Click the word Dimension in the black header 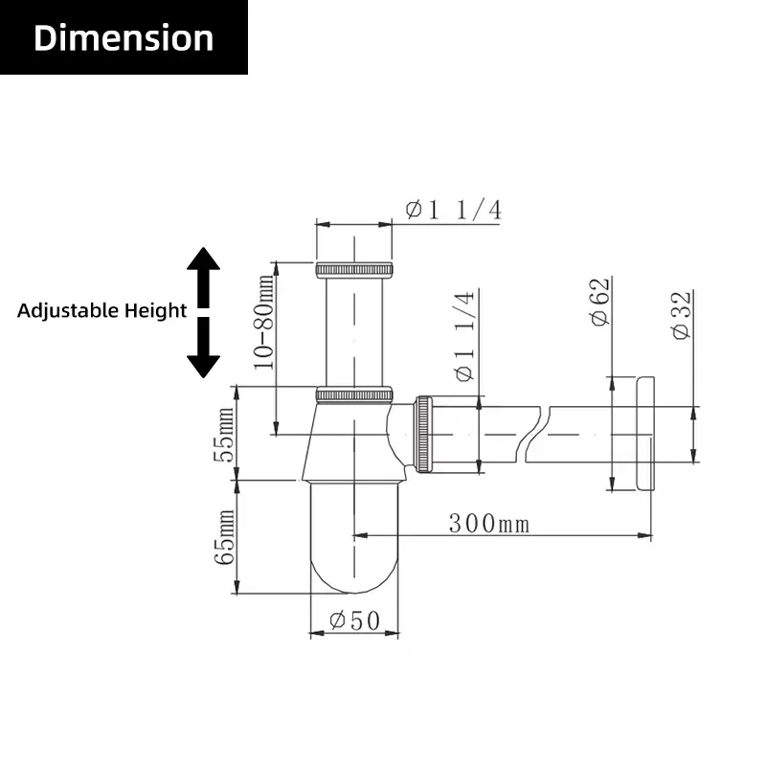click(x=124, y=38)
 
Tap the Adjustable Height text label click(x=101, y=310)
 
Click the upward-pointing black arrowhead click(x=203, y=259)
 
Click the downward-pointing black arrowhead click(x=203, y=367)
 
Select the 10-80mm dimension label click(x=264, y=322)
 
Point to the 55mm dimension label click(x=225, y=435)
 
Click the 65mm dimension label click(x=225, y=537)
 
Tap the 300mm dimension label click(x=489, y=523)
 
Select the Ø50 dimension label click(x=354, y=620)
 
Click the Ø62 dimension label click(x=600, y=302)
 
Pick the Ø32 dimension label click(x=682, y=315)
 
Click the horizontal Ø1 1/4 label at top click(x=454, y=210)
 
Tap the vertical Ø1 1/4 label click(x=464, y=336)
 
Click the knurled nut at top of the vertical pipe click(x=354, y=270)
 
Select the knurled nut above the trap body click(x=354, y=394)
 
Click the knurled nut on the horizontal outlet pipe click(x=423, y=435)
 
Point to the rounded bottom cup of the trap click(x=354, y=537)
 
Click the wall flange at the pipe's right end click(x=645, y=434)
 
